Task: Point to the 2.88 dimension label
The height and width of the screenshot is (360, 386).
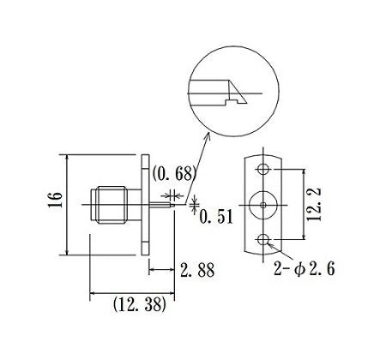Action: coord(196,272)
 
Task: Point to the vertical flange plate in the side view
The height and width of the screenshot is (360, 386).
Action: coord(147,205)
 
